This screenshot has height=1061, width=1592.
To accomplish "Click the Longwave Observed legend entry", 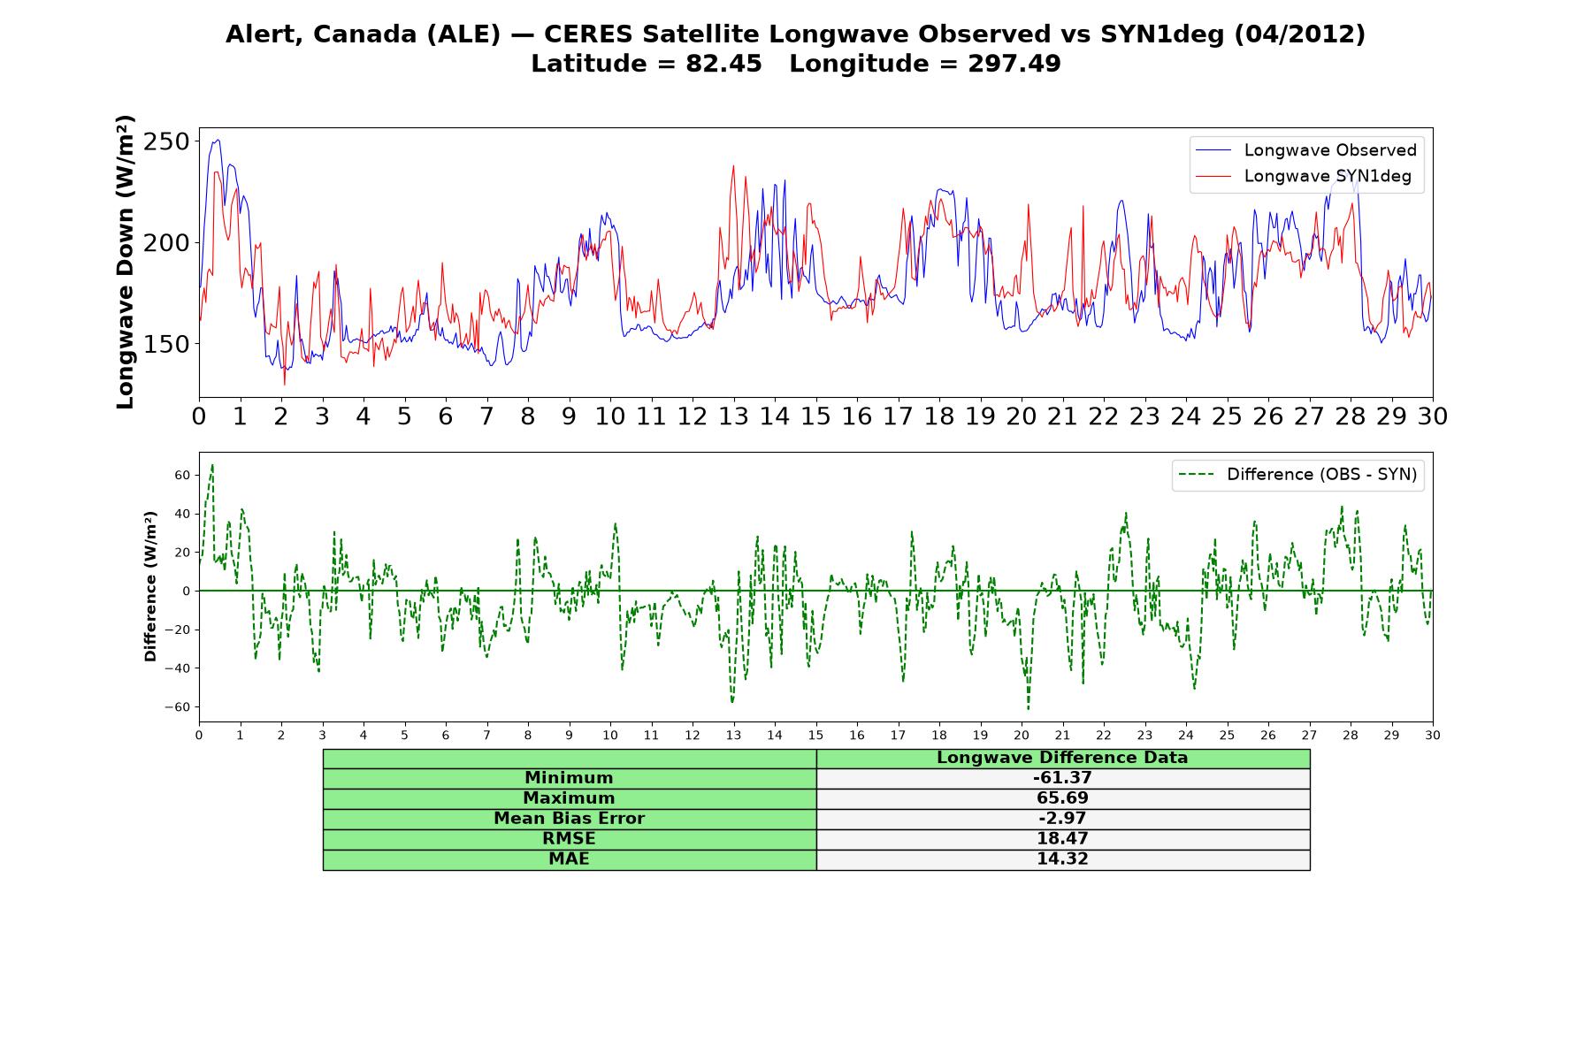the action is pyautogui.click(x=1306, y=150).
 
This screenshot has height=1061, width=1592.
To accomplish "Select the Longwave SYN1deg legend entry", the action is pyautogui.click(x=1304, y=176).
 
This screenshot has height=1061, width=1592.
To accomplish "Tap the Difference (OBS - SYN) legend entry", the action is pyautogui.click(x=1297, y=475).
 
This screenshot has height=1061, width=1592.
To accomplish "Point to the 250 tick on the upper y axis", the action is pyautogui.click(x=166, y=141).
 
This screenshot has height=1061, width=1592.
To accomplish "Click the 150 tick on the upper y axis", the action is pyautogui.click(x=166, y=344).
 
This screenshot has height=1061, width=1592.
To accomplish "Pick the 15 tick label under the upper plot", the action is pyautogui.click(x=815, y=416).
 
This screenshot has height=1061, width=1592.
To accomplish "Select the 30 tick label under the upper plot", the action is pyautogui.click(x=1432, y=416).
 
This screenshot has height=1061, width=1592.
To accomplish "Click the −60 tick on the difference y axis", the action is pyautogui.click(x=178, y=707).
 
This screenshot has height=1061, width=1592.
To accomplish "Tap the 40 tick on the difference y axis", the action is pyautogui.click(x=182, y=514).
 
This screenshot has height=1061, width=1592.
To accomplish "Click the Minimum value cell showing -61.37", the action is pyautogui.click(x=1062, y=778).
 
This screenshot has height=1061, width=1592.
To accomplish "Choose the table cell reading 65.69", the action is pyautogui.click(x=1062, y=798).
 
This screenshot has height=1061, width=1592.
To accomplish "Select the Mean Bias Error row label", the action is pyautogui.click(x=569, y=819).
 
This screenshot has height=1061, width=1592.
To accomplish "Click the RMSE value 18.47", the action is pyautogui.click(x=1062, y=839).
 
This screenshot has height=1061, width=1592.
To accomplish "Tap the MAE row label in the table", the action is pyautogui.click(x=569, y=859).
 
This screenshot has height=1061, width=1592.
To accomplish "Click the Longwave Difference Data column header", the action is pyautogui.click(x=1062, y=758).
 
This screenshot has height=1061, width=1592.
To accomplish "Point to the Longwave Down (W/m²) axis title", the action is pyautogui.click(x=126, y=262).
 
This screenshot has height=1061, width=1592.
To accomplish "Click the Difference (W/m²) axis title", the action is pyautogui.click(x=150, y=586).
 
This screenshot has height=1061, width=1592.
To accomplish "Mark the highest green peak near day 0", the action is pyautogui.click(x=212, y=464).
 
